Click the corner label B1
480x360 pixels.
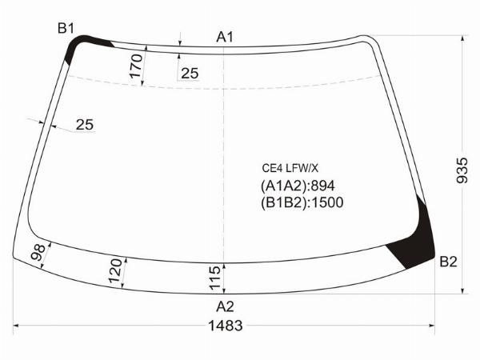click(66, 29)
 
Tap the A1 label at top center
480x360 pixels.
click(225, 37)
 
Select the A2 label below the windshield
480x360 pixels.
click(225, 306)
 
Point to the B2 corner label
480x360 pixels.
click(449, 262)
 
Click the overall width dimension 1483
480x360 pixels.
click(226, 326)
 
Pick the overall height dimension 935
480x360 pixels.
click(462, 170)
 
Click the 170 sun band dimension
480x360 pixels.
click(136, 66)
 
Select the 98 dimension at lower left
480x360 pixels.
click(38, 252)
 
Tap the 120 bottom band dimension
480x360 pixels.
click(115, 271)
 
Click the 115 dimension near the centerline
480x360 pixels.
click(214, 278)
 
